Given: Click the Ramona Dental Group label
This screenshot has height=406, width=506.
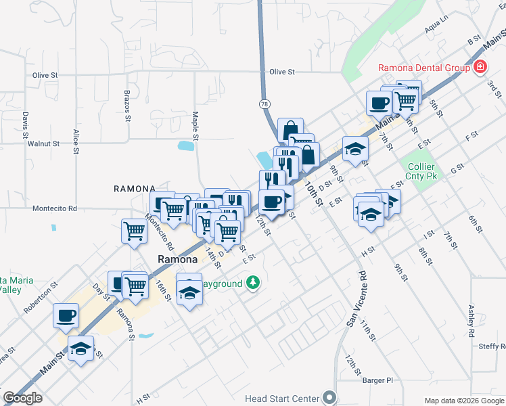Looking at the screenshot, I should pos(423,68).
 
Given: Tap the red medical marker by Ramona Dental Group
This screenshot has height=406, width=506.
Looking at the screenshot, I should pos(480,66).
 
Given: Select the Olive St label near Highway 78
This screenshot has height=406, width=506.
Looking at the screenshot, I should pos(283,72).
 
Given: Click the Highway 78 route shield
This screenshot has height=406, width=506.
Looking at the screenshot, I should pos(264,104).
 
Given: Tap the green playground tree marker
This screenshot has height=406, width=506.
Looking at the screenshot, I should pos(253,282).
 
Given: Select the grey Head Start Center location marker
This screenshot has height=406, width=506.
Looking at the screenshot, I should pos(329,397).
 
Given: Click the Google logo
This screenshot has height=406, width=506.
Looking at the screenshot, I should pos(22,398).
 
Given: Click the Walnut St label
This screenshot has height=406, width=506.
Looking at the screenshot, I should pos(43,144).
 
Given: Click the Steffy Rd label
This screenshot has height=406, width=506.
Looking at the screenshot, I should pos(492,346).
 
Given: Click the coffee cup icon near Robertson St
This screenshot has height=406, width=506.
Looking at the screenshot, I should pos(66,315).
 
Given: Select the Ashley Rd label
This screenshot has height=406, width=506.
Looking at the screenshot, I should pos(471,321).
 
